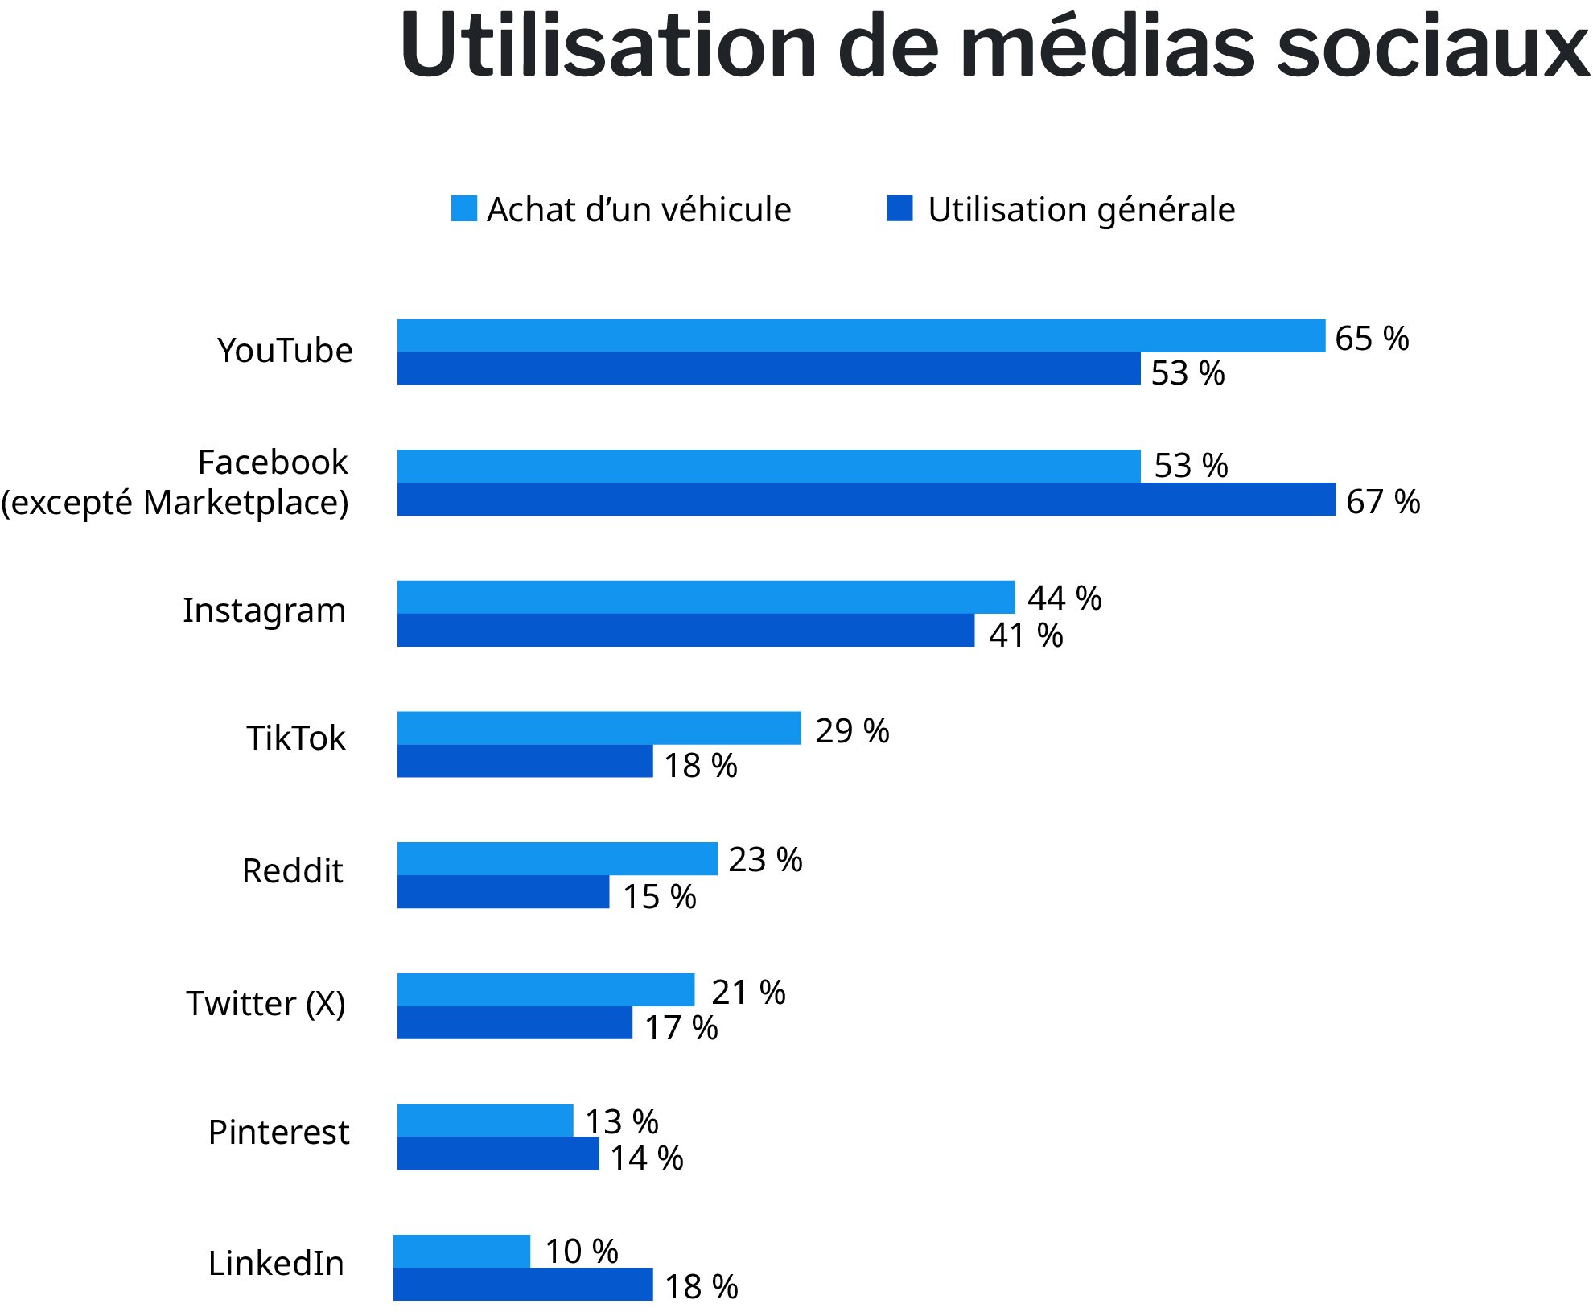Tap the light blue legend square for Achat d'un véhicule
coord(463,208)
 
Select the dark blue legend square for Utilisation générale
coord(899,208)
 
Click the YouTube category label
coord(285,351)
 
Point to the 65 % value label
coord(1371,339)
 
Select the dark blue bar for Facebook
coord(865,500)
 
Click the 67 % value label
coord(1382,502)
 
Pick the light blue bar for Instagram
coord(705,597)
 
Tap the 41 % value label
coord(1025,635)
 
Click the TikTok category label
coord(295,738)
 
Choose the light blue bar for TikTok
coord(599,728)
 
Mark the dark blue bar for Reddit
coord(503,892)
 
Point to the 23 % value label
coord(764,860)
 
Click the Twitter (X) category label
coord(265,1004)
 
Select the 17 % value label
coord(681,1028)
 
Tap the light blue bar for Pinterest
coord(484,1121)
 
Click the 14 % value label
coord(646,1158)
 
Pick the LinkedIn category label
coord(275,1264)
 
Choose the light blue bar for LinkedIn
coord(461,1251)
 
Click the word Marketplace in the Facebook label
coord(245,503)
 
